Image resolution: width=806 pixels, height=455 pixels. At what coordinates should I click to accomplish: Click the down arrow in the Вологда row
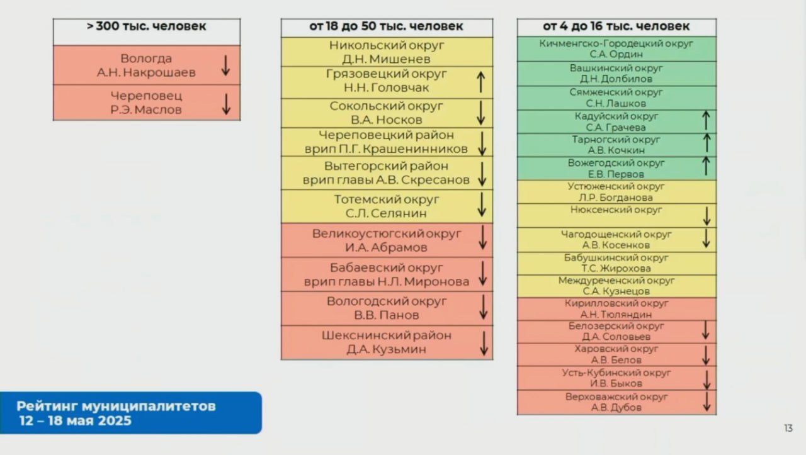[225, 65]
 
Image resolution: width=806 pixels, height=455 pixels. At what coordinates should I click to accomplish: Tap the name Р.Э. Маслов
[146, 110]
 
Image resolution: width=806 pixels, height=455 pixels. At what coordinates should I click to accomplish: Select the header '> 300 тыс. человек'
[147, 26]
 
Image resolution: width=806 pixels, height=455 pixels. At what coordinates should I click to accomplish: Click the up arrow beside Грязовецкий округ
[480, 82]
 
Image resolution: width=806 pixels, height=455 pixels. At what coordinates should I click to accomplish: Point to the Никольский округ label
[387, 45]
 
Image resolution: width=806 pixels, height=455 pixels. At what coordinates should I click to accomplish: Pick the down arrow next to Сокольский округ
[480, 113]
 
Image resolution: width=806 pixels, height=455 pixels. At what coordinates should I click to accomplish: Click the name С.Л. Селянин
[386, 213]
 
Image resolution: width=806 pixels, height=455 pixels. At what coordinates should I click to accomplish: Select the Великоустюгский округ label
[387, 234]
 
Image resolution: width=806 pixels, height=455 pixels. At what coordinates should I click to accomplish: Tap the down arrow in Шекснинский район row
[484, 344]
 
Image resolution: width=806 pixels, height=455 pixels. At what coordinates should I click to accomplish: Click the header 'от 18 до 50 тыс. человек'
[386, 26]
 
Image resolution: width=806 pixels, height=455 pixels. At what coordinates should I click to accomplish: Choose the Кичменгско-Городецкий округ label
[616, 43]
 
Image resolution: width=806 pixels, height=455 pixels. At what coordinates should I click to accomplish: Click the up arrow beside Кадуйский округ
[706, 120]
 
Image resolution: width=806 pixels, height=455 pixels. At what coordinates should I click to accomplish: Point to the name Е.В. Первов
[616, 174]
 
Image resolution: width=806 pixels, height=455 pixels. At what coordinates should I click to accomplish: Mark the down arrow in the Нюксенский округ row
[707, 216]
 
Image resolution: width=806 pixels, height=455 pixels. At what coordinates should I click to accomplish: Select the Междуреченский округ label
[616, 281]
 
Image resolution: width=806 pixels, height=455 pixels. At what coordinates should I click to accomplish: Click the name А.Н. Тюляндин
[616, 315]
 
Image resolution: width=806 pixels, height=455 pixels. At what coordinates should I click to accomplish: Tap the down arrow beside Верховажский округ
[707, 402]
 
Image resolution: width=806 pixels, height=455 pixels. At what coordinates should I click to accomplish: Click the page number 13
[788, 428]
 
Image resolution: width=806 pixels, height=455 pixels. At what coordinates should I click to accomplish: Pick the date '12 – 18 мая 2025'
[76, 421]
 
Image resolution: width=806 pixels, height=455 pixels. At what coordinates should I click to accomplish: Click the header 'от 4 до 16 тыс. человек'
[616, 26]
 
